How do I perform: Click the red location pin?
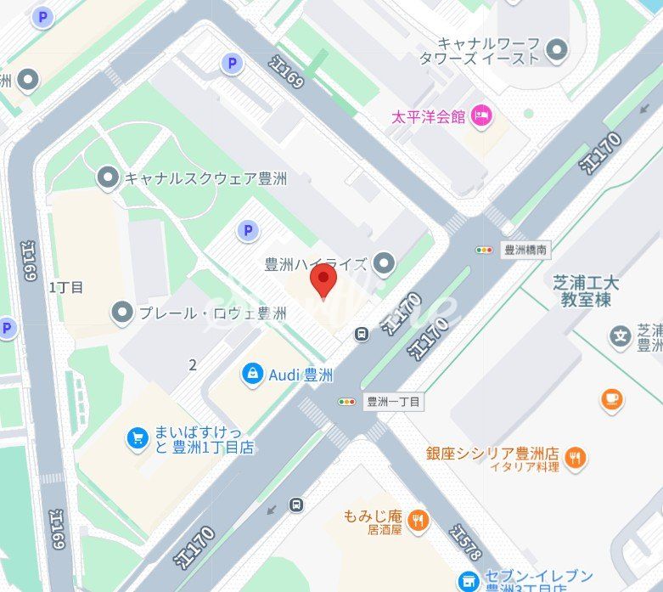323,279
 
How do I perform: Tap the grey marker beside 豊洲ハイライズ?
385,264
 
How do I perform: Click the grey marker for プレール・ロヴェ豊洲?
123,313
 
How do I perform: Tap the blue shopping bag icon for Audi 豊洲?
252,374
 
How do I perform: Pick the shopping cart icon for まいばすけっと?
137,437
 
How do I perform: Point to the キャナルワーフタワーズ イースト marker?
557,50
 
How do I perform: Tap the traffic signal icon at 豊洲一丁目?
347,402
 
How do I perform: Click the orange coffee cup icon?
610,398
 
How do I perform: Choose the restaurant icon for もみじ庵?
416,520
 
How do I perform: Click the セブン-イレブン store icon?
468,581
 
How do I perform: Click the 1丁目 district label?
66,287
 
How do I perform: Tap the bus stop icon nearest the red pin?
362,333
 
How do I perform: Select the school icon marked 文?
621,336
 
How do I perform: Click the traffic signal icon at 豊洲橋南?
484,250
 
